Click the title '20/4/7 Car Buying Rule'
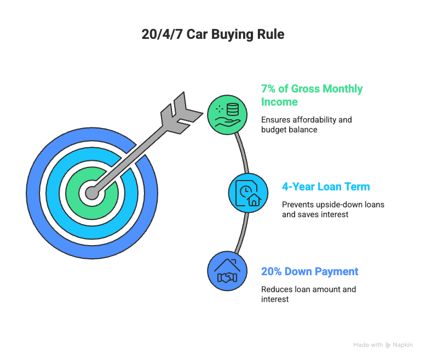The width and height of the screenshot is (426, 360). pyautogui.click(x=213, y=35)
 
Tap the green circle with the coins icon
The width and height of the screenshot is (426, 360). pyautogui.click(x=227, y=114)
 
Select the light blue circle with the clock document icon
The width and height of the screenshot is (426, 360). pyautogui.click(x=248, y=193)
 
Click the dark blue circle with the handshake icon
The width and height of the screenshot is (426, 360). pyautogui.click(x=227, y=271)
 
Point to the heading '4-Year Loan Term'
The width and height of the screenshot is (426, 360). pyautogui.click(x=326, y=187)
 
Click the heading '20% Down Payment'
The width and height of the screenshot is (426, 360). pyautogui.click(x=309, y=271)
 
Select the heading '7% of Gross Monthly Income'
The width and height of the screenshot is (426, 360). pyautogui.click(x=312, y=95)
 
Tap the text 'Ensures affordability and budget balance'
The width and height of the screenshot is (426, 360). pyautogui.click(x=307, y=125)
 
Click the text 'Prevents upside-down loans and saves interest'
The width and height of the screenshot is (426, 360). pyautogui.click(x=333, y=210)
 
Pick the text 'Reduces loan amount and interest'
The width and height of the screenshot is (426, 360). pyautogui.click(x=308, y=294)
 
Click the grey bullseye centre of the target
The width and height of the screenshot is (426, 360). pyautogui.click(x=92, y=193)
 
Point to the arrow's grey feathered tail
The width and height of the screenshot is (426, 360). pyautogui.click(x=181, y=113)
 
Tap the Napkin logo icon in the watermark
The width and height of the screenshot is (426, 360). pyautogui.click(x=388, y=345)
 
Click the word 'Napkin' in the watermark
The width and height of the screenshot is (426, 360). pyautogui.click(x=402, y=345)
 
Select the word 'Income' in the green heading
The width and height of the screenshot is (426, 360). pyautogui.click(x=279, y=102)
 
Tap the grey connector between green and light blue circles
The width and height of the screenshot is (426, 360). pyautogui.click(x=243, y=153)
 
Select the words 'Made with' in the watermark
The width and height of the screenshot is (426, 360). pyautogui.click(x=368, y=345)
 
